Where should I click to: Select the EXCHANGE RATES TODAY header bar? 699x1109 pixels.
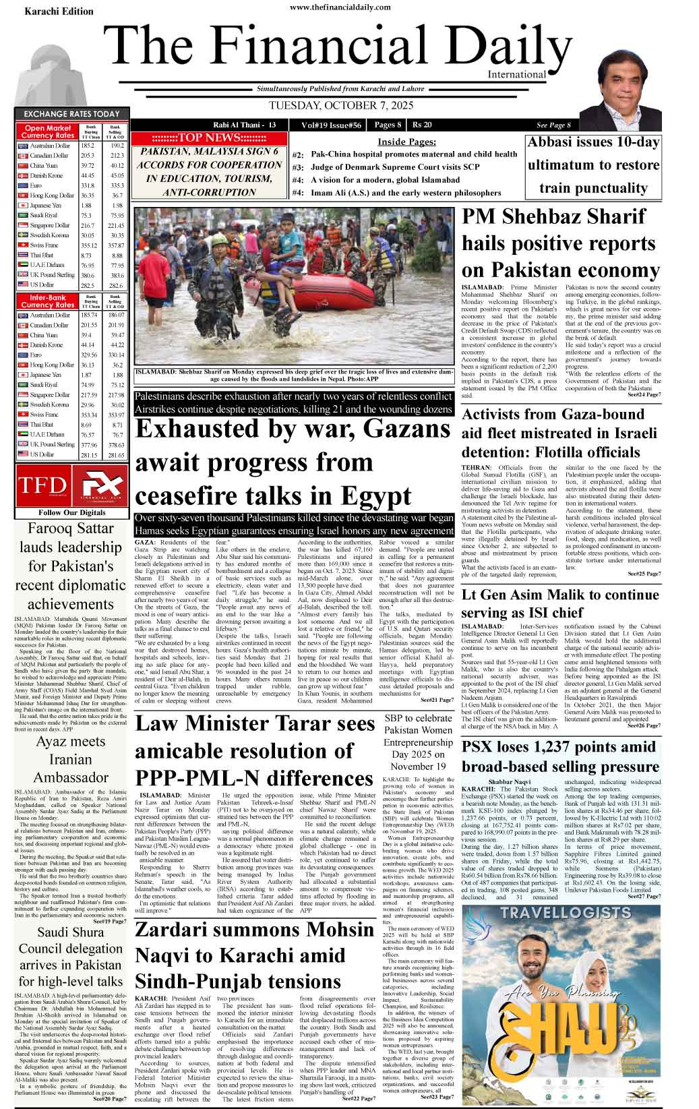click(x=71, y=114)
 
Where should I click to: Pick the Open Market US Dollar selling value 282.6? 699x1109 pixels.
click(x=116, y=287)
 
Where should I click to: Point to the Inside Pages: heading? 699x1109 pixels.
click(x=406, y=142)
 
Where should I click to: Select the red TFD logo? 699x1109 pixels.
click(x=42, y=485)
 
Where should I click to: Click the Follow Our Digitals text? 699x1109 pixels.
click(x=72, y=513)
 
